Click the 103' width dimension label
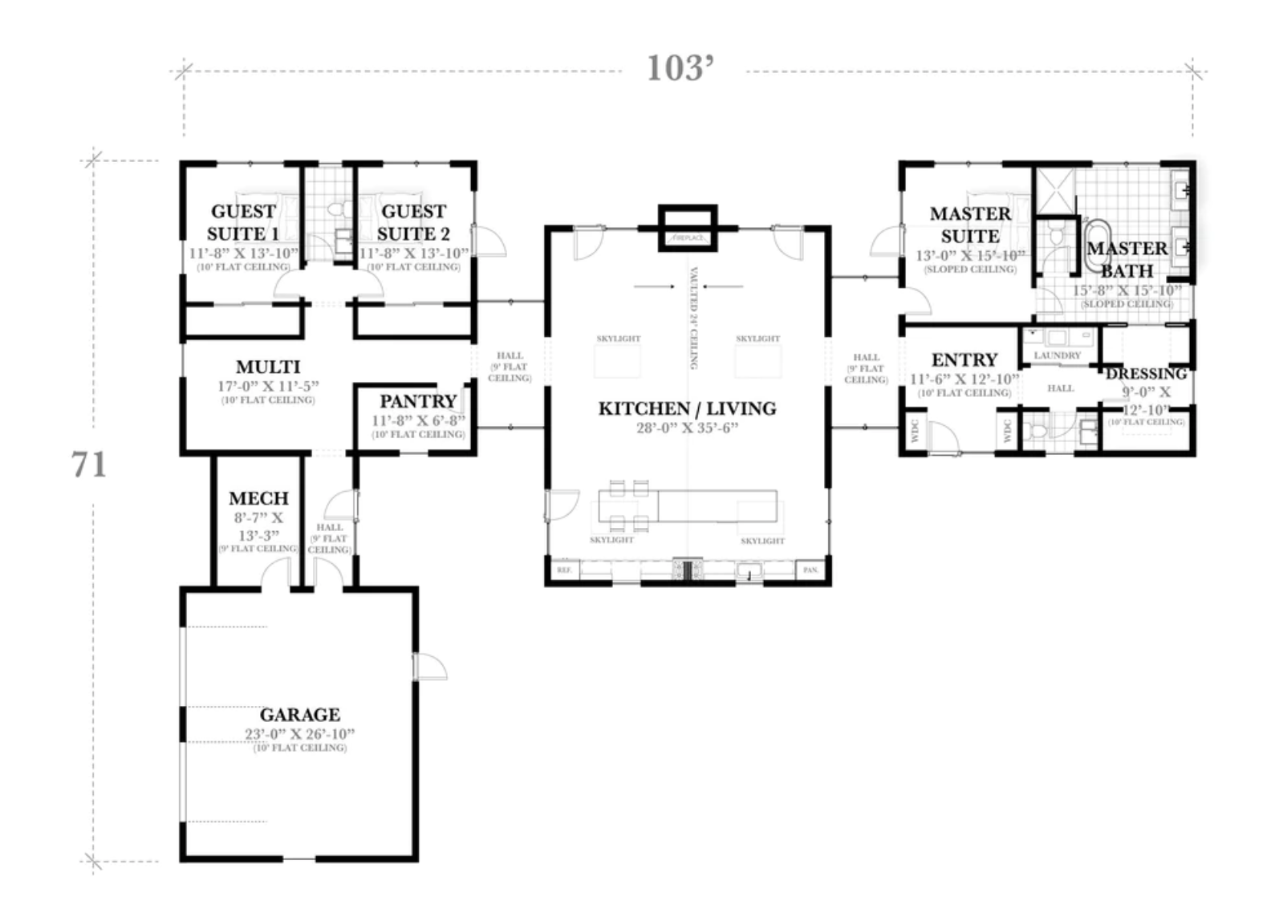click(x=680, y=69)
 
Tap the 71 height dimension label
click(x=89, y=465)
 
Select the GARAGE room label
click(x=299, y=714)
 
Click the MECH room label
click(x=258, y=498)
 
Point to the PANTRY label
click(x=418, y=401)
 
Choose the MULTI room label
click(x=268, y=367)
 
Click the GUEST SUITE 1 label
click(x=243, y=222)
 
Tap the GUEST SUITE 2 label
click(x=413, y=222)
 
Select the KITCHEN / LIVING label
click(x=688, y=408)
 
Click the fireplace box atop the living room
click(x=688, y=228)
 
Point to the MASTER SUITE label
click(x=970, y=225)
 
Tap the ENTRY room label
click(x=964, y=360)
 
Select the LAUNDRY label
click(x=1057, y=355)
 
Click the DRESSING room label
click(x=1146, y=374)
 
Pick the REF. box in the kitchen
click(x=564, y=570)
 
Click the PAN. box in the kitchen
click(x=810, y=570)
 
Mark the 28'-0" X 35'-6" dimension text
click(x=688, y=428)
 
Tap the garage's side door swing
click(x=429, y=667)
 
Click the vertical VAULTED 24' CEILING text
click(x=693, y=318)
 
